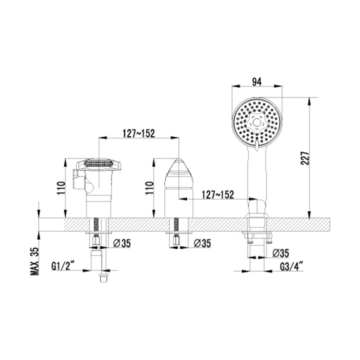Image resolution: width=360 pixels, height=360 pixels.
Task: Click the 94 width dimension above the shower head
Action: pos(256,82)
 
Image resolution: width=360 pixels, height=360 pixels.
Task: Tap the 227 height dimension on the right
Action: pos(305,158)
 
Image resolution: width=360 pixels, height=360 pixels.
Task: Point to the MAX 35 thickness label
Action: pos(35,261)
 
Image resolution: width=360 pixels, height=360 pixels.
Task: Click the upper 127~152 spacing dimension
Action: pos(139,133)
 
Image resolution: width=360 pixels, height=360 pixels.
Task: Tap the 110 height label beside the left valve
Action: pos(61,188)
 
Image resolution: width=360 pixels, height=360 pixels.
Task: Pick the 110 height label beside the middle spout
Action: pos(149,188)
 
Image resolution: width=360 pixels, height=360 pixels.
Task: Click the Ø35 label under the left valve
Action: pos(122,243)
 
